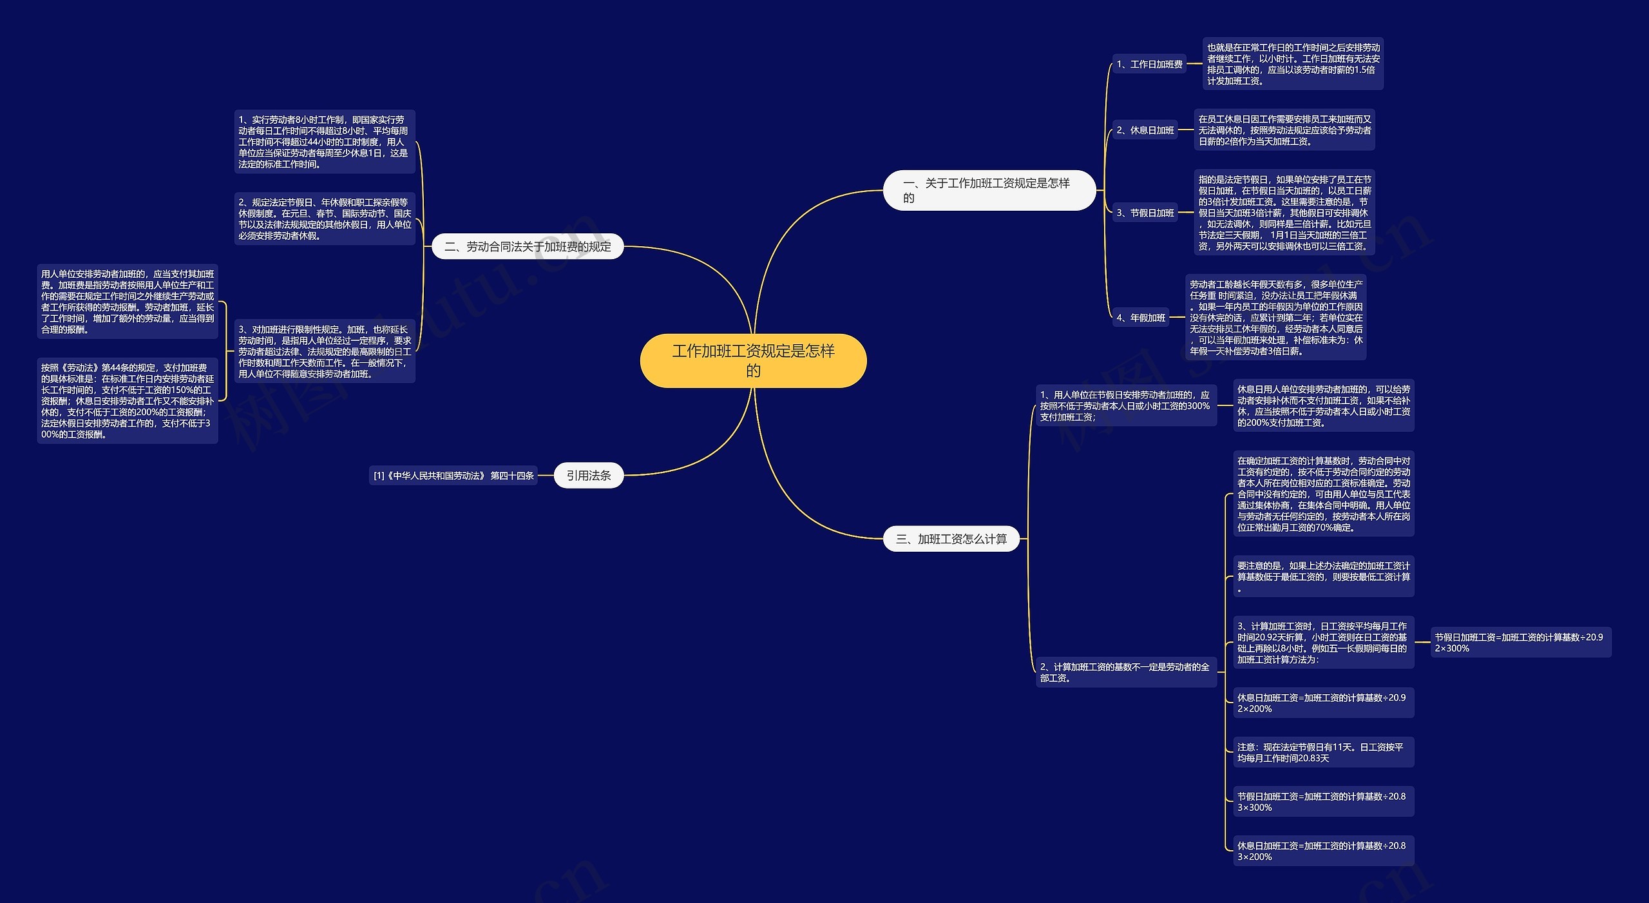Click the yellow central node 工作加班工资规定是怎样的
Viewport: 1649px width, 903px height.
[x=753, y=360]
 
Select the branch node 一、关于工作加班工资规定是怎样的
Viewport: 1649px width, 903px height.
[x=989, y=190]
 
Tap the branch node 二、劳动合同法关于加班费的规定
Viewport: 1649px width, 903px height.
[x=528, y=246]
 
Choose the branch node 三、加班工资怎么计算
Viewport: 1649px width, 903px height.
[x=951, y=539]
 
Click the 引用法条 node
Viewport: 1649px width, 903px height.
[x=588, y=476]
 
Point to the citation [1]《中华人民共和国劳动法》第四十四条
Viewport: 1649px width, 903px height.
[x=453, y=476]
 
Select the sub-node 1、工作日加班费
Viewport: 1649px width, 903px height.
[x=1149, y=64]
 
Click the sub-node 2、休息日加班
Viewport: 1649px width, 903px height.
[x=1145, y=130]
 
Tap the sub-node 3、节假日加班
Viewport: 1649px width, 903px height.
[x=1145, y=213]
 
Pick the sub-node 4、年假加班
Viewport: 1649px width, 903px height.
[x=1140, y=318]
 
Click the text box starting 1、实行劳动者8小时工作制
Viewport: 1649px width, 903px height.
[x=324, y=142]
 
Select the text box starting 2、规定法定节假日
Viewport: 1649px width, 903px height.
[x=324, y=219]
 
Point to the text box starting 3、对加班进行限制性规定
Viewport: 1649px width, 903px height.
[x=324, y=351]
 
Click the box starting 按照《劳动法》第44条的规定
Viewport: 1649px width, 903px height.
[x=127, y=401]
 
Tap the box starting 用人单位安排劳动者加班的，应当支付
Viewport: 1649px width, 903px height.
[x=127, y=302]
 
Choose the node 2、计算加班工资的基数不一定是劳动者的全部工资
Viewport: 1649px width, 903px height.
[x=1125, y=672]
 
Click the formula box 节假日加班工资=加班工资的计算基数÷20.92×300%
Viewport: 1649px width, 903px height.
[x=1520, y=643]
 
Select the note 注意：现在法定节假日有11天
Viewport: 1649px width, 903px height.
[x=1323, y=752]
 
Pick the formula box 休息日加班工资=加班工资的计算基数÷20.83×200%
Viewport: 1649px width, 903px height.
[x=1323, y=851]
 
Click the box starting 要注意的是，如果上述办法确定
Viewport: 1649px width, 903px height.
[x=1323, y=576]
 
